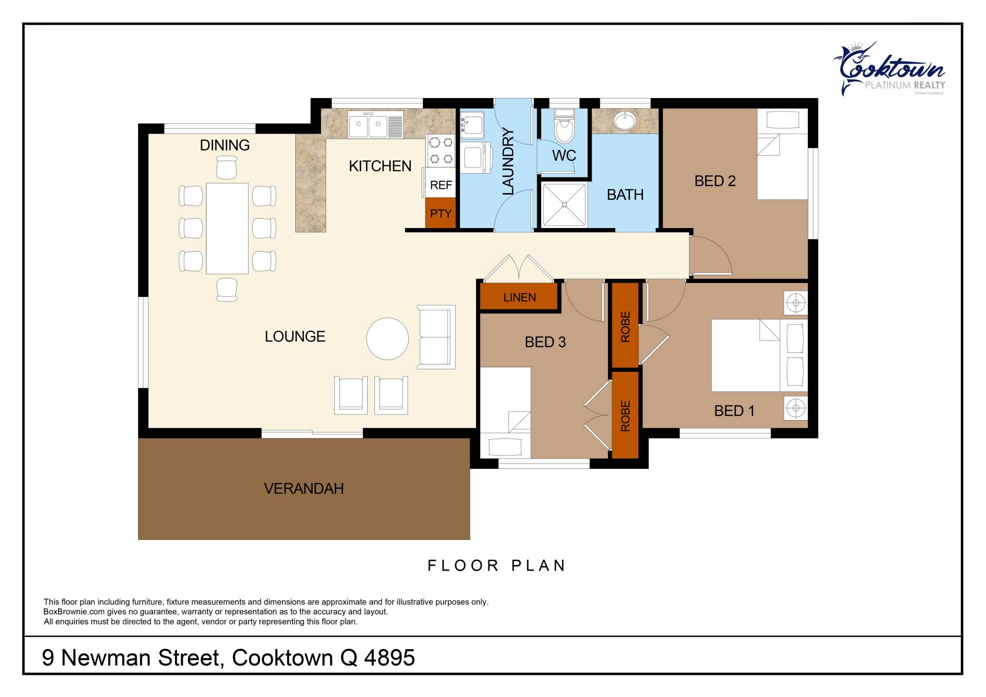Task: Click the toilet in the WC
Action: tap(564, 126)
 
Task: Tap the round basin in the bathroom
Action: tap(624, 121)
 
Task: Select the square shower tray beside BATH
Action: tap(564, 204)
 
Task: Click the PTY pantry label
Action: tap(441, 213)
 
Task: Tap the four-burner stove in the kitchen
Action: tap(441, 150)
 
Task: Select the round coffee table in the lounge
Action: tap(387, 339)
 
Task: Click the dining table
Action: tap(227, 229)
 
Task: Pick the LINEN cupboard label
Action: tap(520, 297)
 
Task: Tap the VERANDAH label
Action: tap(304, 488)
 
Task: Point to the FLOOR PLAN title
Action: tap(497, 566)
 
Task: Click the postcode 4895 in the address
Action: tap(389, 658)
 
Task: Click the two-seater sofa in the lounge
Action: tap(437, 337)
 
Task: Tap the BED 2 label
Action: tap(715, 181)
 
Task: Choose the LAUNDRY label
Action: tap(508, 161)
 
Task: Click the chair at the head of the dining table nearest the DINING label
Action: tap(226, 167)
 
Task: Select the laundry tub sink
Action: tap(471, 125)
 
